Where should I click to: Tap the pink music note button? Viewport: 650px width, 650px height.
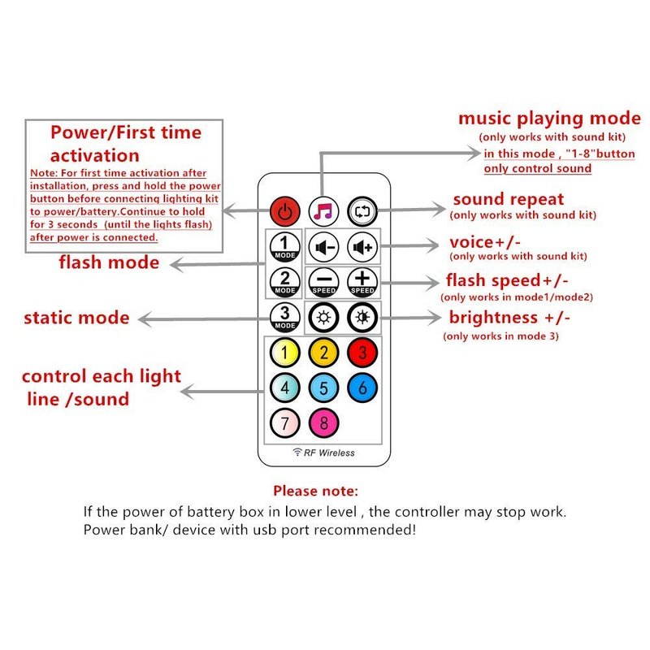coord(323,212)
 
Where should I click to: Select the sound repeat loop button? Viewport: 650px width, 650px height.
coord(362,212)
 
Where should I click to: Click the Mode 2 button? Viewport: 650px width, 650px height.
coord(284,281)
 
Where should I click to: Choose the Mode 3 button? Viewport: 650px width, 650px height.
coord(284,317)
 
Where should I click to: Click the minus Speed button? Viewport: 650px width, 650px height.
coord(324,282)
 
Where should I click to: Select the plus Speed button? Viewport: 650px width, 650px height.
coord(362,282)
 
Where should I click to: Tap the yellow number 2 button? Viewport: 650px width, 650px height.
coord(323,353)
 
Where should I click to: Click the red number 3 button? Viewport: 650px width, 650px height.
coord(362,353)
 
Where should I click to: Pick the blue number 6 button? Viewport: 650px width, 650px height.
coord(362,388)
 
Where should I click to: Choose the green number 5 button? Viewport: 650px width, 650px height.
coord(323,388)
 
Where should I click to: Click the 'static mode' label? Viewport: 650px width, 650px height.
coord(76,317)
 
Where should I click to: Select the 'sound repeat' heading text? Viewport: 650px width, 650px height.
coord(508,199)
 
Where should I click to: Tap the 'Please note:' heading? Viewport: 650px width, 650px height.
coord(314,491)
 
